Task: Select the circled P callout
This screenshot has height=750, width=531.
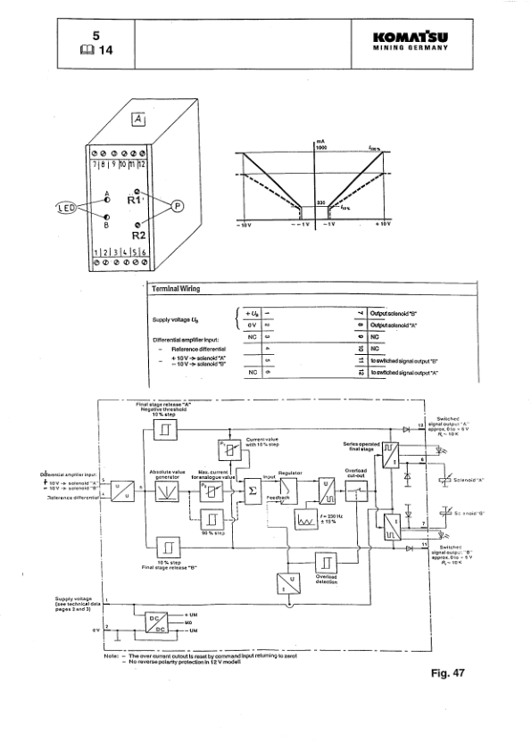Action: [176, 207]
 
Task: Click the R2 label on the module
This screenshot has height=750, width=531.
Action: [138, 235]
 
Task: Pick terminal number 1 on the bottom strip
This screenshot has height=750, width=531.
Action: [98, 256]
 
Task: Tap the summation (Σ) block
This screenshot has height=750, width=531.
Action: [253, 491]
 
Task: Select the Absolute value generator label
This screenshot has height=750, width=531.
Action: [169, 475]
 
